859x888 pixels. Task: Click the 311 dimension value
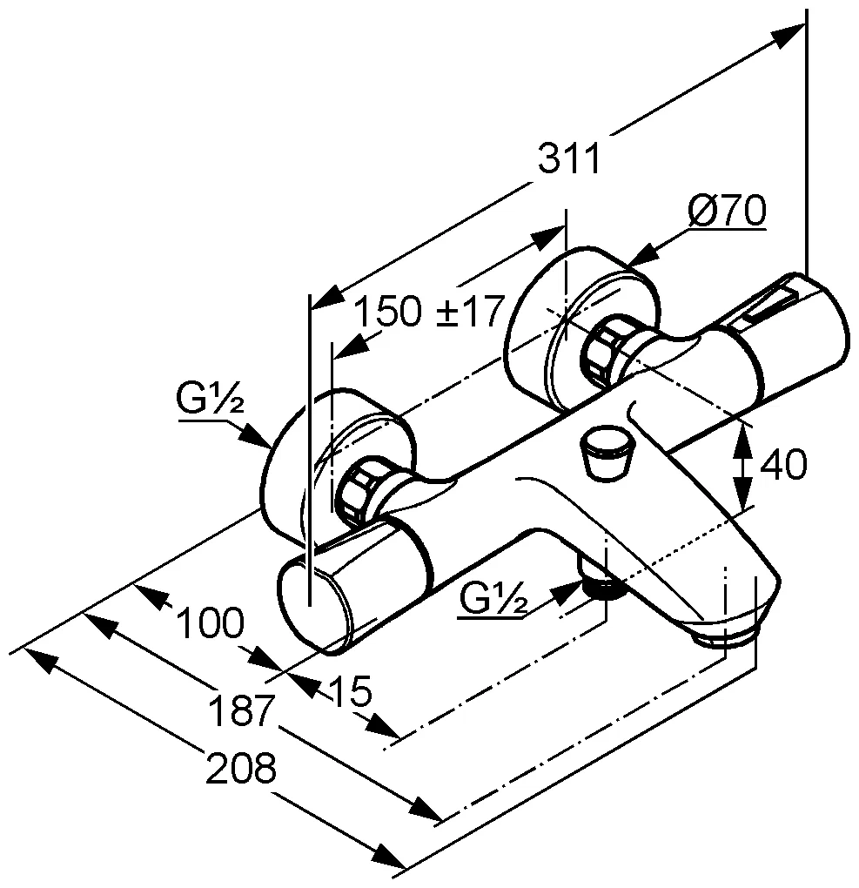point(569,160)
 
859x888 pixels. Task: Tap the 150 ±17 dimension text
point(430,311)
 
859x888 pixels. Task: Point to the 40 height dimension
point(783,465)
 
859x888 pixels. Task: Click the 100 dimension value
point(209,623)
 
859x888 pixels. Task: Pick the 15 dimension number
point(351,693)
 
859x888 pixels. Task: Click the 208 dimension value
point(241,769)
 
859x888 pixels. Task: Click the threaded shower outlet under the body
point(602,587)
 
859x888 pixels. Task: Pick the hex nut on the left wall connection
point(359,492)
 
